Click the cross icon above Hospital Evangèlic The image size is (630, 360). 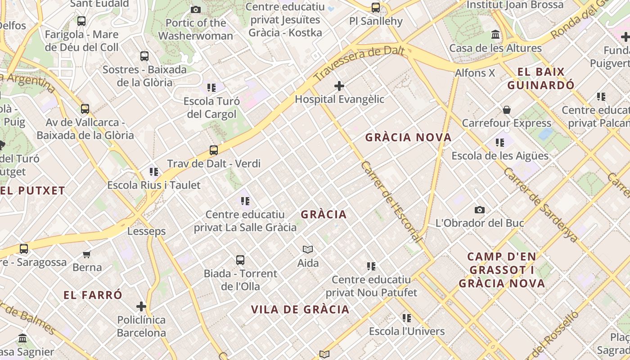click(339, 85)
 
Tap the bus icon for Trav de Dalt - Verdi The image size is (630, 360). click(214, 150)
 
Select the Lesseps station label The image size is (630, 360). click(146, 231)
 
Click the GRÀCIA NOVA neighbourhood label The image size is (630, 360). click(408, 138)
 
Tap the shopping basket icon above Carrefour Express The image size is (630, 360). click(507, 110)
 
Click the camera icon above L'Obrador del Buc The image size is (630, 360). click(480, 210)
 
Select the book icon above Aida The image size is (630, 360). click(308, 249)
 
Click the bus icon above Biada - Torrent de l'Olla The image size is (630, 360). click(240, 260)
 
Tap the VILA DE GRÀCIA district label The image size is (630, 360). click(300, 310)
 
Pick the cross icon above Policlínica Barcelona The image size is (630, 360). click(141, 307)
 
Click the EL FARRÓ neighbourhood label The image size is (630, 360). click(93, 295)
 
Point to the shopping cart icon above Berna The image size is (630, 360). click(87, 254)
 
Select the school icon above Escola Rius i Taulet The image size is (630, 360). click(154, 172)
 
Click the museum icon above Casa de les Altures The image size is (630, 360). click(495, 35)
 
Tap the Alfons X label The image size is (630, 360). click(475, 73)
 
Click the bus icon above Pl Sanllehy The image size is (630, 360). click(376, 8)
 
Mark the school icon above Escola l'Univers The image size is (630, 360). click(407, 318)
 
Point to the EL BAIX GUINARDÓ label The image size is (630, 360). click(541, 78)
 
